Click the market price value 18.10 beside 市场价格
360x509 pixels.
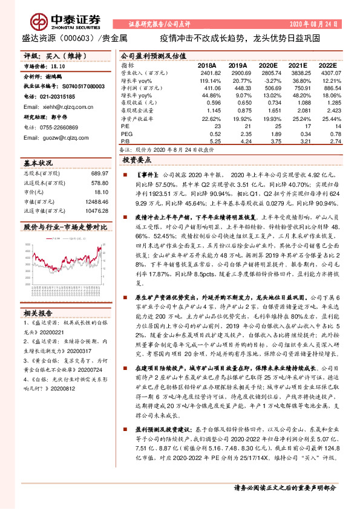coord(59,66)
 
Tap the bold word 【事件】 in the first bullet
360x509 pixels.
coord(146,173)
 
